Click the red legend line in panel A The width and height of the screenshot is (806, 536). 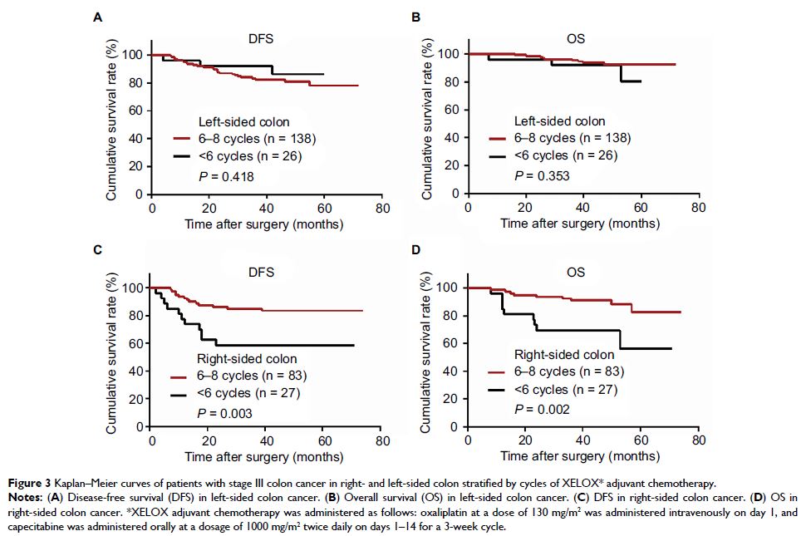[183, 140]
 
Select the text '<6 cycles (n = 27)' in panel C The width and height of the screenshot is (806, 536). [243, 396]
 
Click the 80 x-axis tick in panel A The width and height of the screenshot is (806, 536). [381, 209]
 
